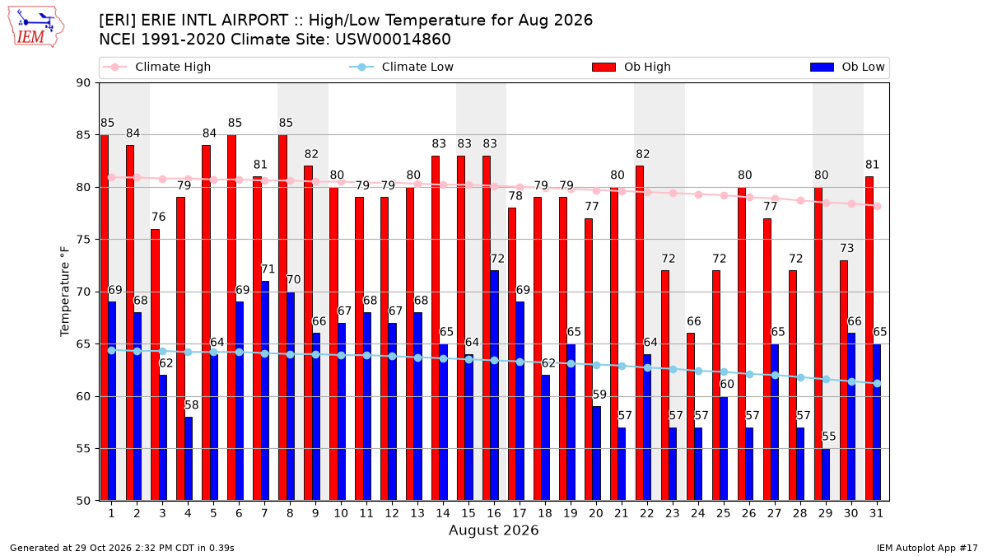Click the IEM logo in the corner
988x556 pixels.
pyautogui.click(x=36, y=26)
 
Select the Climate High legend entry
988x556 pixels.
pyautogui.click(x=157, y=67)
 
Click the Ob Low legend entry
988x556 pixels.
pyautogui.click(x=847, y=67)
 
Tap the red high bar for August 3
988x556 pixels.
pyautogui.click(x=155, y=365)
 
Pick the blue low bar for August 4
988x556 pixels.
pyautogui.click(x=189, y=459)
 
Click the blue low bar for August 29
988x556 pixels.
pyautogui.click(x=826, y=474)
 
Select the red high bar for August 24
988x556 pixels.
pyautogui.click(x=690, y=417)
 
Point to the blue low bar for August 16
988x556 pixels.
pyautogui.click(x=495, y=385)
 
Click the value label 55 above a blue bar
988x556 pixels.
pyautogui.click(x=829, y=437)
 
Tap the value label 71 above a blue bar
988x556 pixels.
pyautogui.click(x=268, y=269)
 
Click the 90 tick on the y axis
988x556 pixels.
pyautogui.click(x=83, y=83)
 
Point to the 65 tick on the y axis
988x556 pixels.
pyautogui.click(x=83, y=344)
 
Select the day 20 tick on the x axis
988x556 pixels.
pyautogui.click(x=596, y=513)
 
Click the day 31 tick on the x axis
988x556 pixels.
pyautogui.click(x=876, y=513)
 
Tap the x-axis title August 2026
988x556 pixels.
pyautogui.click(x=493, y=530)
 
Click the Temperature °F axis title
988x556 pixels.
pyautogui.click(x=65, y=292)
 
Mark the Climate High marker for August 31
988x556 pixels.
pyautogui.click(x=878, y=206)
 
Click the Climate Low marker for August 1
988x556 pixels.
pyautogui.click(x=112, y=350)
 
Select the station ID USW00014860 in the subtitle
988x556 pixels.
pyautogui.click(x=393, y=40)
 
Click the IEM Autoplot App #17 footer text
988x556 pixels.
pyautogui.click(x=927, y=548)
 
